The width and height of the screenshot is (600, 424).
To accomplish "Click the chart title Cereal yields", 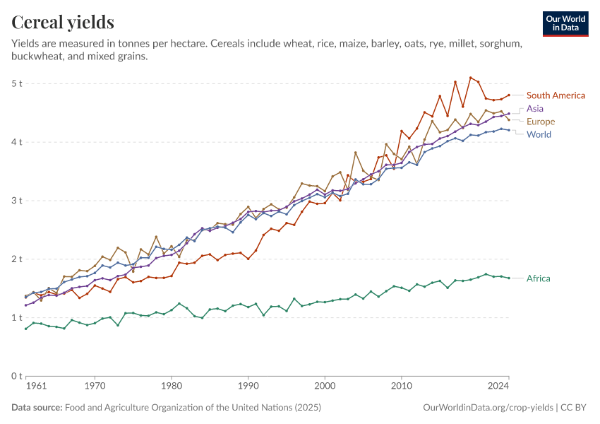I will pyautogui.click(x=63, y=23).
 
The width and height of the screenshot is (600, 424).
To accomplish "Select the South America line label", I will pyautogui.click(x=556, y=95).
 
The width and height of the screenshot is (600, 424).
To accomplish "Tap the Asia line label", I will pyautogui.click(x=535, y=109).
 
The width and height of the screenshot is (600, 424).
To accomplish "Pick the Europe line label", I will pyautogui.click(x=541, y=122).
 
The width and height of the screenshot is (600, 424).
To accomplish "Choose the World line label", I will pyautogui.click(x=539, y=134).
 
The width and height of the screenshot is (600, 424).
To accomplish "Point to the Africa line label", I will pyautogui.click(x=539, y=278).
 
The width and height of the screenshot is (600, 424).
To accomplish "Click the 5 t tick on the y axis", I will pyautogui.click(x=17, y=83).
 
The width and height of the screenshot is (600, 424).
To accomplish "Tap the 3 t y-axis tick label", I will pyautogui.click(x=17, y=201).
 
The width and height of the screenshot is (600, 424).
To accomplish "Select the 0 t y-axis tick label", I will pyautogui.click(x=17, y=376).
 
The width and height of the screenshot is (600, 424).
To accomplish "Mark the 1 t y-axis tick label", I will pyautogui.click(x=17, y=317).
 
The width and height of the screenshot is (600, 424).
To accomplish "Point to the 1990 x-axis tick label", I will pyautogui.click(x=248, y=387).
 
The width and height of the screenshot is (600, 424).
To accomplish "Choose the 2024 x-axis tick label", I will pyautogui.click(x=498, y=387).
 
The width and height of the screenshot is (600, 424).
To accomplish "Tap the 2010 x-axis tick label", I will pyautogui.click(x=402, y=387).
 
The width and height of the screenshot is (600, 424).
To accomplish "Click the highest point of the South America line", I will pyautogui.click(x=471, y=78).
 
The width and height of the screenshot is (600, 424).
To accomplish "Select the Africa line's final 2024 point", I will pyautogui.click(x=509, y=278).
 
